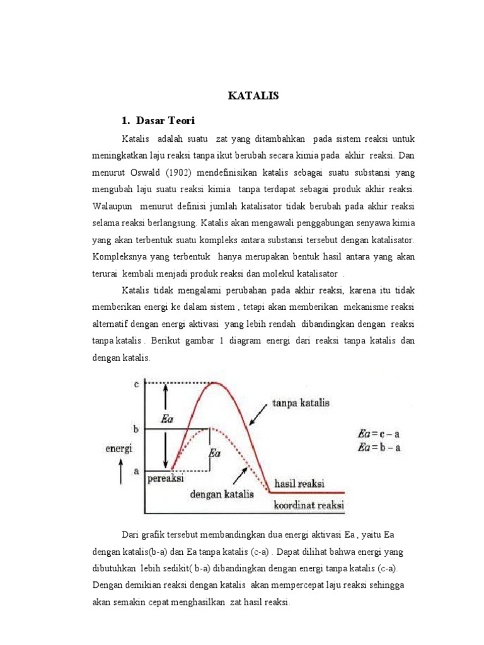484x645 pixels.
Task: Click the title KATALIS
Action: (252, 96)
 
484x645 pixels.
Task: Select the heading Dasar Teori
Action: (163, 120)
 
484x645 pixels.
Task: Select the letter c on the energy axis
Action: (136, 384)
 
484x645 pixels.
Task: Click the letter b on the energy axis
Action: (136, 428)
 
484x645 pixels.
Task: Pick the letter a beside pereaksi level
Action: (136, 470)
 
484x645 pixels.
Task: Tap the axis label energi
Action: (118, 448)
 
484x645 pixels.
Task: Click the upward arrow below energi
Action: (120, 472)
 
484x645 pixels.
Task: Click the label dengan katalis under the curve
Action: (221, 494)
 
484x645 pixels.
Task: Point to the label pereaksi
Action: (167, 479)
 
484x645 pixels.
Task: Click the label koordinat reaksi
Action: (309, 505)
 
